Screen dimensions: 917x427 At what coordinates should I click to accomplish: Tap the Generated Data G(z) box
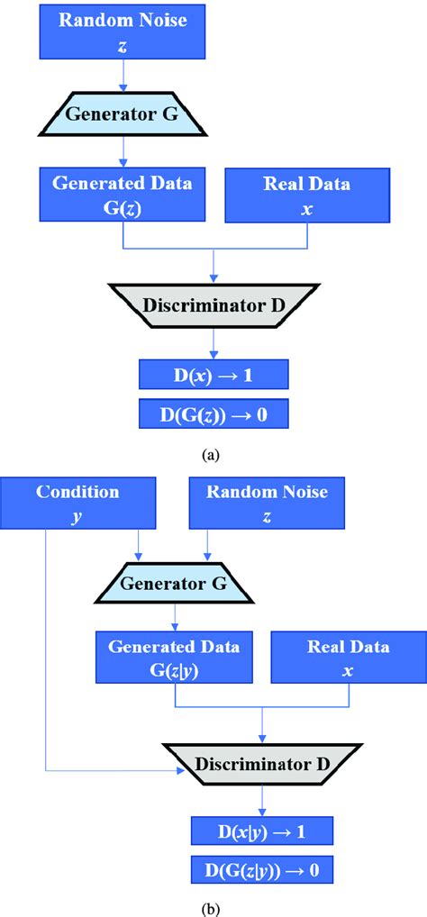pos(123,195)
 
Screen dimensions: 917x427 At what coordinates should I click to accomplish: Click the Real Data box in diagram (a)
pos(307,195)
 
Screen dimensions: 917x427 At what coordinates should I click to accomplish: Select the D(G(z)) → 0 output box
pos(213,414)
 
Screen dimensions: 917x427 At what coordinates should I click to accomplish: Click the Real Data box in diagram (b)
pos(348,658)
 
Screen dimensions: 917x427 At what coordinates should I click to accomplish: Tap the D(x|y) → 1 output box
pos(262,831)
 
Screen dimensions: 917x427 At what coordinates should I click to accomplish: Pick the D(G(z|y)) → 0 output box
pos(262,870)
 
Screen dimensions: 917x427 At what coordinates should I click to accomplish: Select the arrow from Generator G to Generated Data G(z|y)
pos(174,618)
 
